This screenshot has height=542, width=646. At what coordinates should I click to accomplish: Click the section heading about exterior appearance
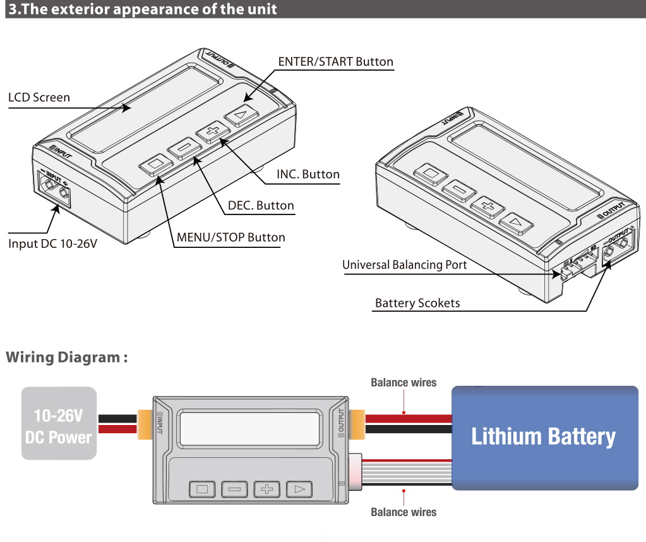[x=142, y=9]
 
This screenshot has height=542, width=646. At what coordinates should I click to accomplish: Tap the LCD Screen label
[x=39, y=97]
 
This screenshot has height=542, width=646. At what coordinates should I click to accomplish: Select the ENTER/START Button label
[x=335, y=62]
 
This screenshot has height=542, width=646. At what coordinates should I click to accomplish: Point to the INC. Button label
[x=308, y=174]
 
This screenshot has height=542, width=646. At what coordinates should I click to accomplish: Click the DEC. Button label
[x=261, y=206]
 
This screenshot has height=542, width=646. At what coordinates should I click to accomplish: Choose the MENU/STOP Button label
[x=230, y=238]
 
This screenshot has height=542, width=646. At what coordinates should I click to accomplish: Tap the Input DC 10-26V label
[x=52, y=243]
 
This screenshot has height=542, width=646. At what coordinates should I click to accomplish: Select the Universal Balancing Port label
[x=404, y=264]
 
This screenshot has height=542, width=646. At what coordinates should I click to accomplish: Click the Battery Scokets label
[x=417, y=303]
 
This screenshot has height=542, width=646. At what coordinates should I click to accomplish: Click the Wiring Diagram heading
[x=67, y=357]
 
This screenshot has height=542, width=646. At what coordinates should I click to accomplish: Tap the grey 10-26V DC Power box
[x=59, y=423]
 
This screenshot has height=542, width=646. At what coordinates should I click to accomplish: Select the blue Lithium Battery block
[x=544, y=437]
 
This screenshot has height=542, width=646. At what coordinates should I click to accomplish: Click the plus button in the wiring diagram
[x=266, y=489]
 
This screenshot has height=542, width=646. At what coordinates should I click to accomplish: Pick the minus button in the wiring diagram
[x=234, y=489]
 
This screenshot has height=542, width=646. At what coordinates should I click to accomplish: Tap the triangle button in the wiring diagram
[x=299, y=489]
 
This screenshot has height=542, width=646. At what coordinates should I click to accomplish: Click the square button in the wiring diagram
[x=202, y=489]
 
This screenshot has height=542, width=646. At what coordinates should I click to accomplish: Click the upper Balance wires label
[x=403, y=383]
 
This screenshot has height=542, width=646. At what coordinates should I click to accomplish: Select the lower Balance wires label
[x=403, y=512]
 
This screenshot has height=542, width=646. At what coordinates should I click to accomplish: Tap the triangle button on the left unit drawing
[x=241, y=115]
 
